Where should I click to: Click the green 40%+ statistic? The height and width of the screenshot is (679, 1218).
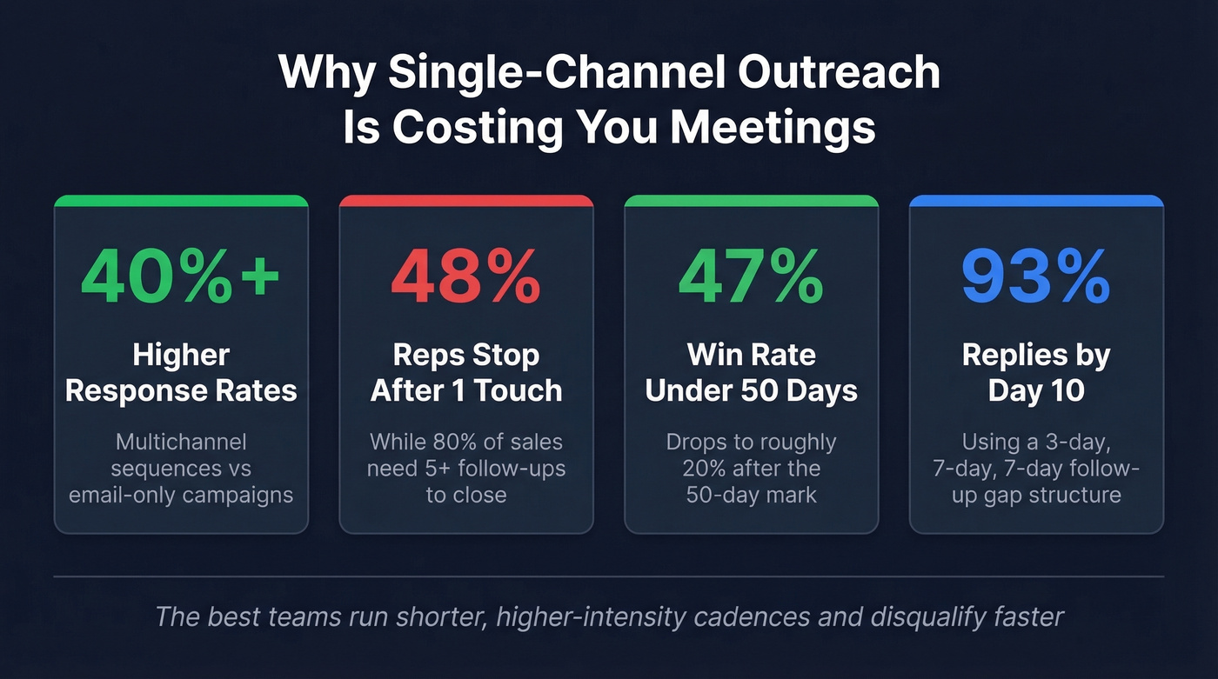click(181, 276)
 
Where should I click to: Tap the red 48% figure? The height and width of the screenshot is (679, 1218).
click(465, 276)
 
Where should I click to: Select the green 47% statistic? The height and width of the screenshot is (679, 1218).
click(751, 276)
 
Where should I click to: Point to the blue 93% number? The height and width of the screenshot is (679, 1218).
click(1036, 276)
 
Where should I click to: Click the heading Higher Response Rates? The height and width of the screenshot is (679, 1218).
click(181, 372)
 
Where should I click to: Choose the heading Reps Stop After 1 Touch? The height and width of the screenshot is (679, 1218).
click(466, 372)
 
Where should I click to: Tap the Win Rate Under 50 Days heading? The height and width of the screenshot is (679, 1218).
click(752, 372)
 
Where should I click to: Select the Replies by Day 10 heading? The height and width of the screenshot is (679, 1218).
click(1036, 372)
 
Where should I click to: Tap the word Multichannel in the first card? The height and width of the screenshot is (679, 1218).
click(181, 442)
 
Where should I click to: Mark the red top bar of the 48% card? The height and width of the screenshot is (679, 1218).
click(466, 201)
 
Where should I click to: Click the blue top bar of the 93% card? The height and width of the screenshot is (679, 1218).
click(1036, 201)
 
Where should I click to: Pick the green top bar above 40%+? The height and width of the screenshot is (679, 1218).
click(181, 201)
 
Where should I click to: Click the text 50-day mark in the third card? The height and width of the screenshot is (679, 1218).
click(752, 496)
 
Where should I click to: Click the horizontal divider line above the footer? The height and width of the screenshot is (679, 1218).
click(609, 576)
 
